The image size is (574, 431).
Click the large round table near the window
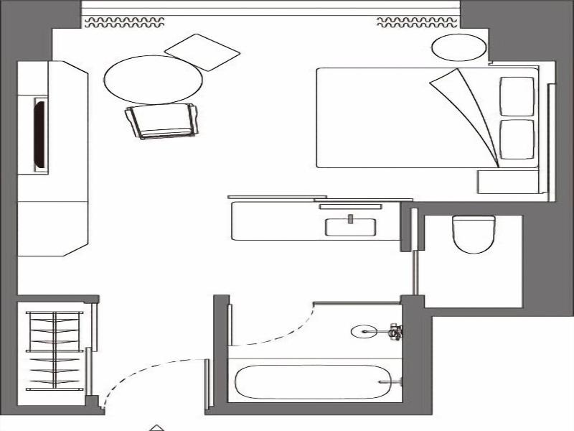[152, 80]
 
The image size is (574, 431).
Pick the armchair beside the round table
[161, 121]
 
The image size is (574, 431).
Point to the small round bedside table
[459, 48]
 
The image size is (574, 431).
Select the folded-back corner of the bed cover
[466, 108]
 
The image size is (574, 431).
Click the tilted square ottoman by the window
[202, 52]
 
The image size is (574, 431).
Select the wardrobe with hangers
[55, 351]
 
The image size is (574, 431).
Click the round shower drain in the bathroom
[362, 331]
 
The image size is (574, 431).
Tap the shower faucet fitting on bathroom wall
[394, 331]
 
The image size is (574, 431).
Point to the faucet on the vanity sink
[351, 219]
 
